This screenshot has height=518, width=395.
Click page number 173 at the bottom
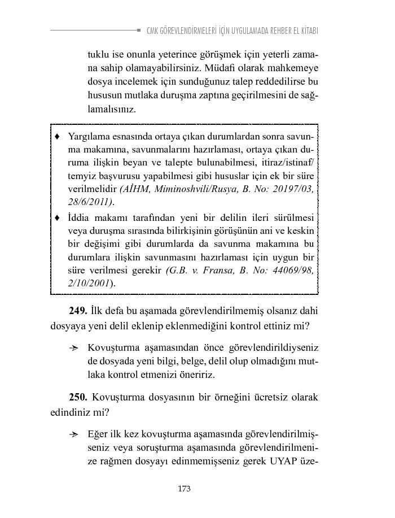(x=184, y=489)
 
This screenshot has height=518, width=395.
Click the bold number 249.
(x=78, y=311)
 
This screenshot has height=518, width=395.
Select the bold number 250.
(x=78, y=397)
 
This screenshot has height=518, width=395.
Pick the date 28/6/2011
(x=90, y=202)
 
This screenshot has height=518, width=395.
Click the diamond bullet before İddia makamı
(x=57, y=218)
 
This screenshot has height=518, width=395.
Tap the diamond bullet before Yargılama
(x=57, y=137)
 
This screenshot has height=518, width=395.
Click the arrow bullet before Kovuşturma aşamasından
(x=73, y=347)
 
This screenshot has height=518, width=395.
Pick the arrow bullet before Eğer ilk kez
(x=73, y=434)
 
